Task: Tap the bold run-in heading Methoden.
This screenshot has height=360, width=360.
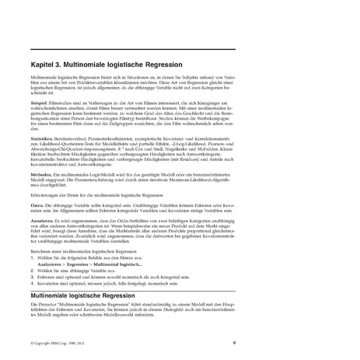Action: point(41,176)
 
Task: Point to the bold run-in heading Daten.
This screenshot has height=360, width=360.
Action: point(37,204)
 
